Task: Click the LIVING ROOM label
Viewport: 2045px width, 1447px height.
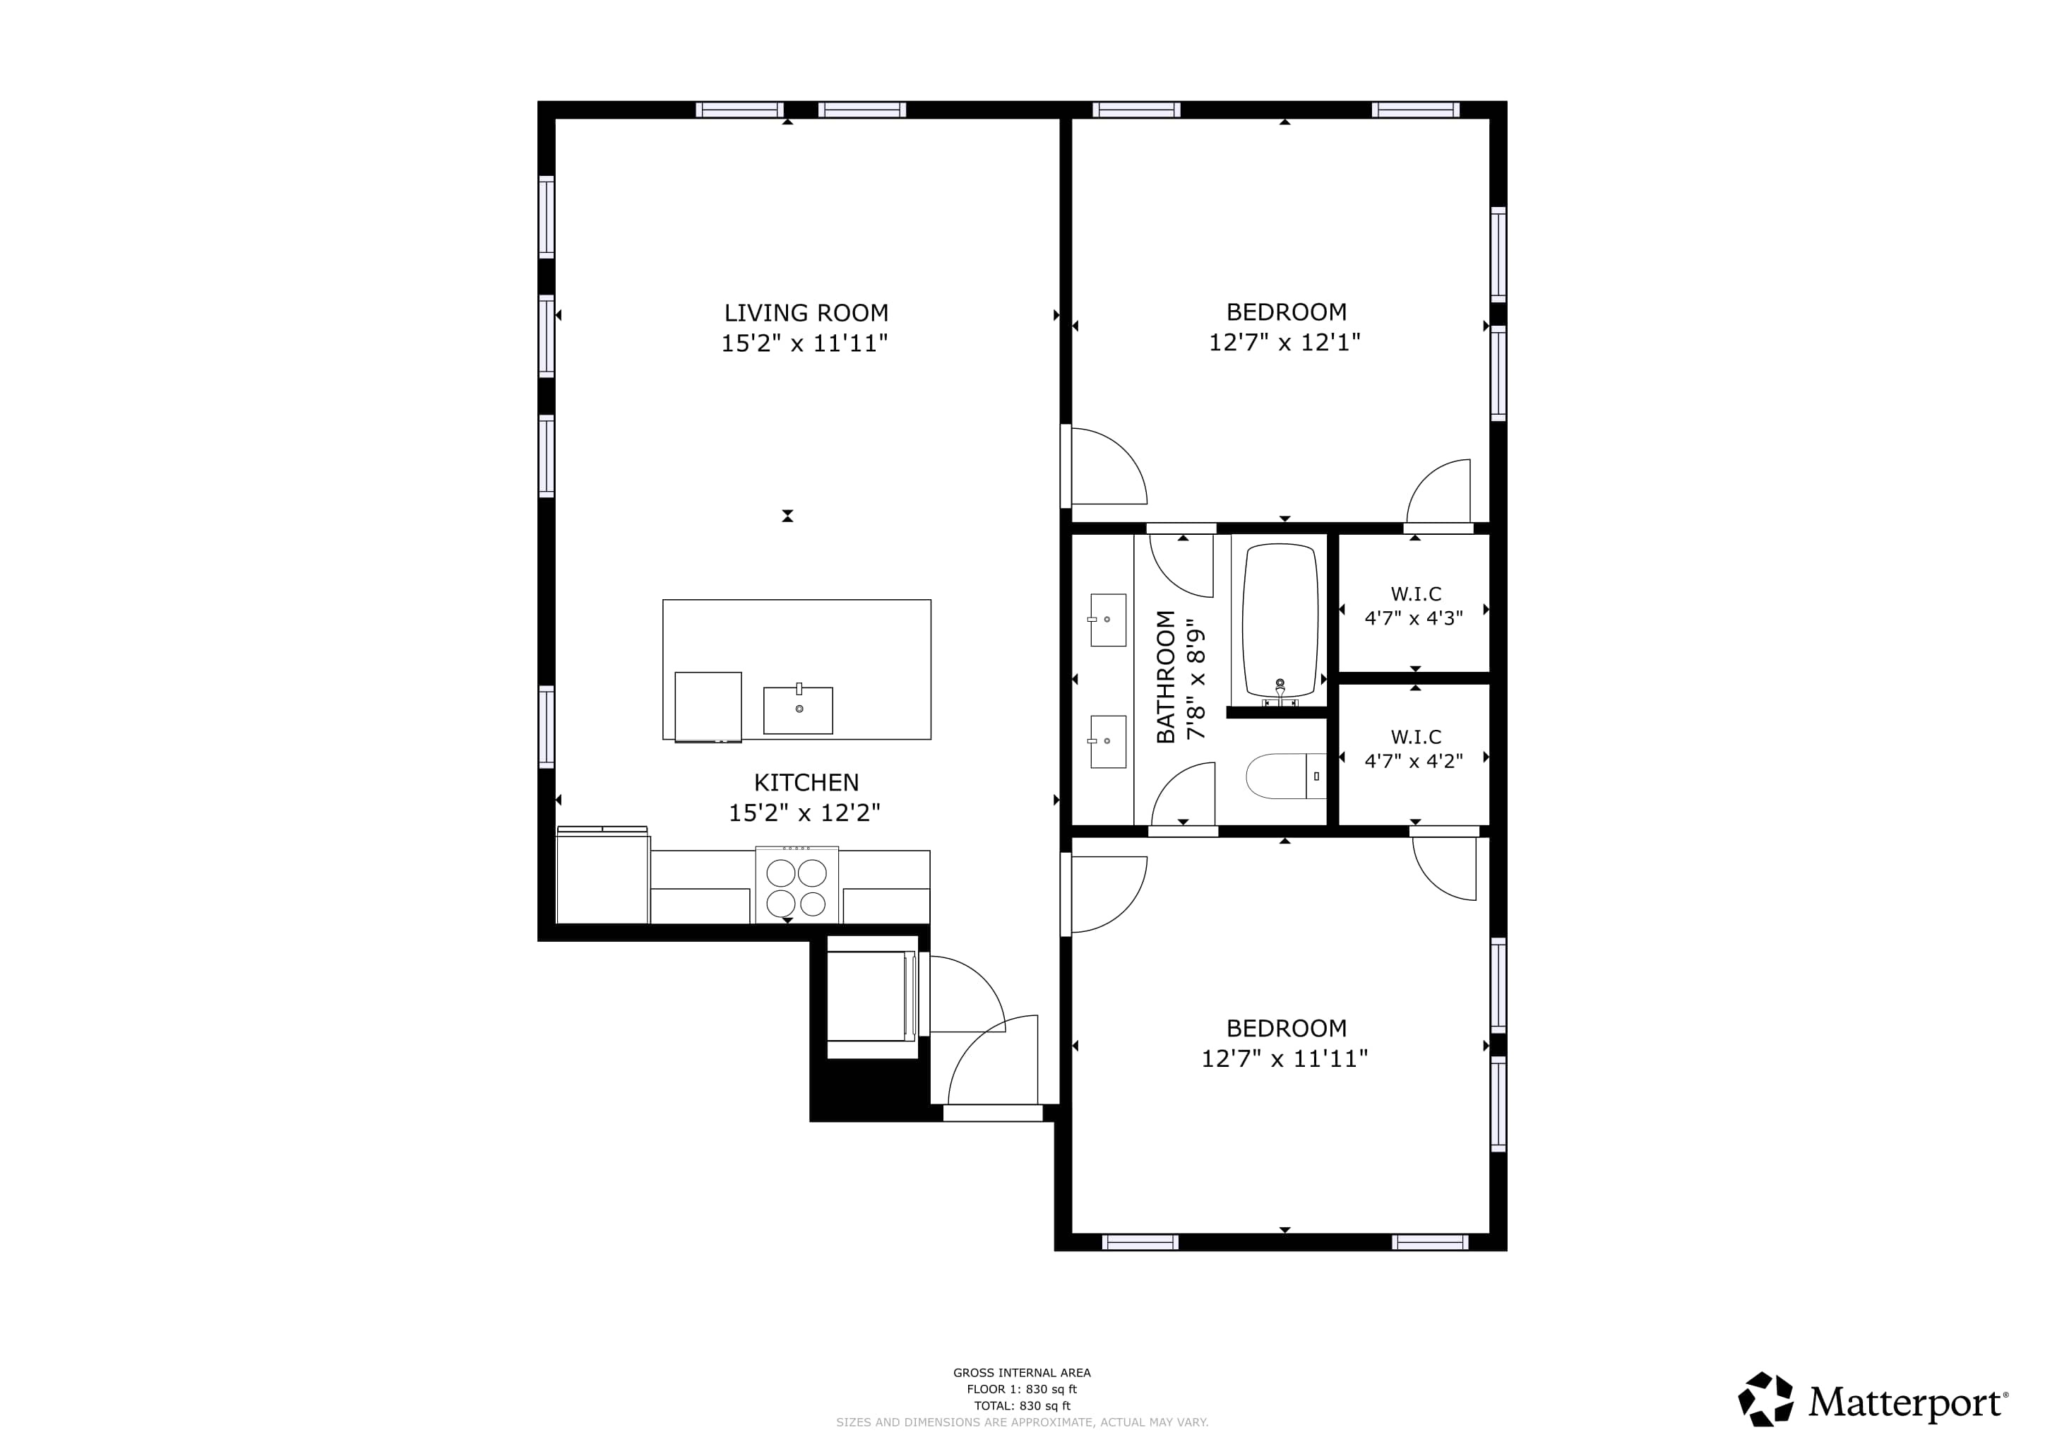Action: coord(806,313)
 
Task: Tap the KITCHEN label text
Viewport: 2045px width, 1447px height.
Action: coord(806,782)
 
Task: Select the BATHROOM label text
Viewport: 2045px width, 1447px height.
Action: coord(1166,677)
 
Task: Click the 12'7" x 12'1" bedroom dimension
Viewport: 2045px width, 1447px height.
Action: coord(1284,342)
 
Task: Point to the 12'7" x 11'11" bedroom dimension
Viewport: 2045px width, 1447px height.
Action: coord(1284,1058)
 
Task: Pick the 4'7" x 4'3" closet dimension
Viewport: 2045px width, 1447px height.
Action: coord(1414,618)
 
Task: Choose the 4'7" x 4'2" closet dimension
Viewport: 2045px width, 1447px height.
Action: coord(1414,761)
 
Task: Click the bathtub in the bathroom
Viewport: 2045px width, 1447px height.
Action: coord(1280,621)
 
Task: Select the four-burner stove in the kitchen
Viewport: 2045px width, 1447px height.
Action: coord(797,885)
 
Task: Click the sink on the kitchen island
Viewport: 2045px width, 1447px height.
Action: coord(798,709)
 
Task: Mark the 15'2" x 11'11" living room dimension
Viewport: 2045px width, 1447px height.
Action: coord(804,343)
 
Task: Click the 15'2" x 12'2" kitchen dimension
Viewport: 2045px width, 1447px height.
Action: coord(804,813)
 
